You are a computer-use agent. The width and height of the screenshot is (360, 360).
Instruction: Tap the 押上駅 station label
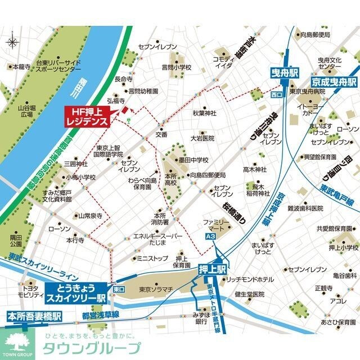211,268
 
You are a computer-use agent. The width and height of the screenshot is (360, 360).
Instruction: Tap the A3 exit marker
210,238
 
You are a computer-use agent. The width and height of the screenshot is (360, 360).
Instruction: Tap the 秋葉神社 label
205,113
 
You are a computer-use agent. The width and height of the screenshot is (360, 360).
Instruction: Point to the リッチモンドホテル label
251,280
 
